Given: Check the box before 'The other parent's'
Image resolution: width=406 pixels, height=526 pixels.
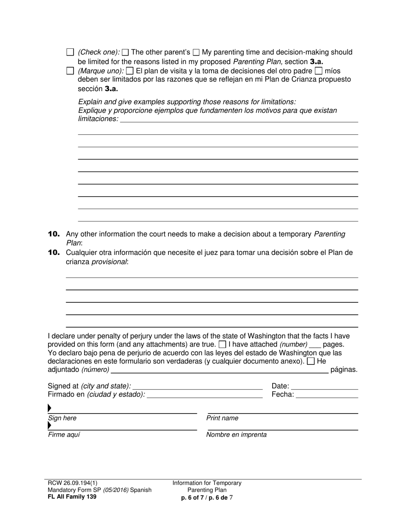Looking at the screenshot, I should pos(125,53).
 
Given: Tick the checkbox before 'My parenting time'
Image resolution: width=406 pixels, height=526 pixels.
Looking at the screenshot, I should pos(196,53).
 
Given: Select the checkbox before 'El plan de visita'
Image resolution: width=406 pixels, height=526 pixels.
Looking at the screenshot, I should pos(130,71).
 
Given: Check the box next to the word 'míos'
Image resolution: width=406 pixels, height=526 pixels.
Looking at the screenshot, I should pos(318,71).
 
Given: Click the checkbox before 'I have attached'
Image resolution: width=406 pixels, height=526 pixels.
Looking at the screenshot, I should pos(222,344).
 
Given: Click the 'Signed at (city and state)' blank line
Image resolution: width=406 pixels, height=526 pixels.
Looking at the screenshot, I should pos(197,386).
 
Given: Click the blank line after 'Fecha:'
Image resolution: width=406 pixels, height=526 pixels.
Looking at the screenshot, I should pos(327,395).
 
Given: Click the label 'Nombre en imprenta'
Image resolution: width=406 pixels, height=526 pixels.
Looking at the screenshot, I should pos(236,435).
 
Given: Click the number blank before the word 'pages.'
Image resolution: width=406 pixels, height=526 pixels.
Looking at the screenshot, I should pos(315,345).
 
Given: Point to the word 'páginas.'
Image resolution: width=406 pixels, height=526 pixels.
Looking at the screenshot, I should pos(344,370).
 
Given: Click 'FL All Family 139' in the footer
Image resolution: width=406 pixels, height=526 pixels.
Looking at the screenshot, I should pos(72,497).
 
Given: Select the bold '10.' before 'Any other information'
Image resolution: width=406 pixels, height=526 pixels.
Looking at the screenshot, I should pos(54,234).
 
